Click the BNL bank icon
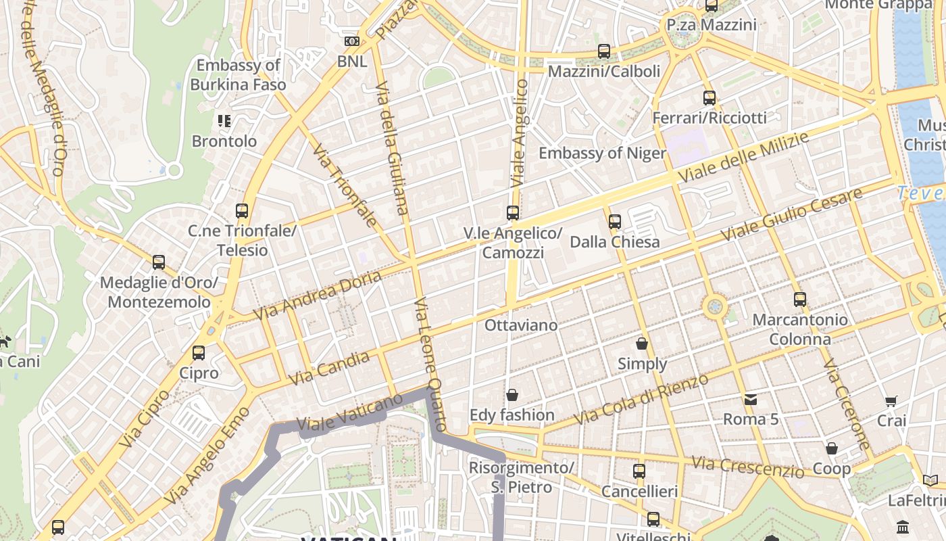tap(351, 41)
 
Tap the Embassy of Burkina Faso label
tap(238, 75)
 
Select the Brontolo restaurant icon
tap(224, 121)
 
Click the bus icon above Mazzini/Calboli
tap(604, 51)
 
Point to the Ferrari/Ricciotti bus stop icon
tap(709, 98)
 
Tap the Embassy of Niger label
tap(602, 153)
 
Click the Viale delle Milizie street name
tap(743, 158)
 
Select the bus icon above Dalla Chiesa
tap(614, 222)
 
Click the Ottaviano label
tap(521, 325)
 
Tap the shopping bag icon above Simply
tap(642, 344)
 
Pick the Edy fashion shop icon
tap(512, 395)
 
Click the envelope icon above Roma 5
tap(751, 399)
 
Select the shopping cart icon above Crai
tap(891, 401)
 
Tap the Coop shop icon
tap(832, 448)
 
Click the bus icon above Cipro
tap(199, 353)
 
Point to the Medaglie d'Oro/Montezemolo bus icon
tap(159, 262)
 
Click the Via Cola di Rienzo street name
tap(641, 399)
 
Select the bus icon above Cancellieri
tap(639, 471)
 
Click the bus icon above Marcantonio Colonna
tap(800, 300)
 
